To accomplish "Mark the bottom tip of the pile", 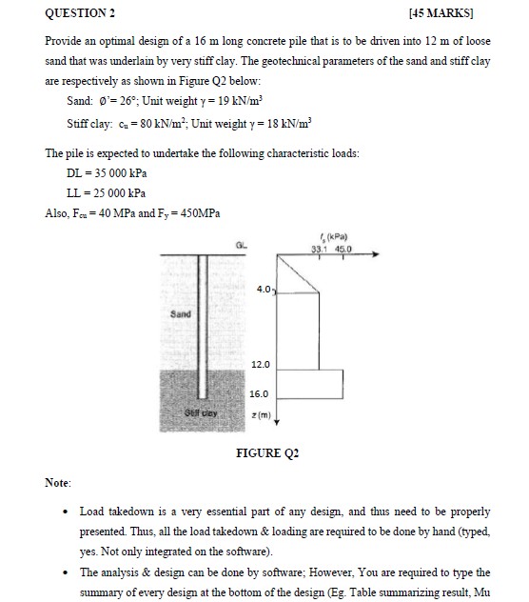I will click(202, 399).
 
